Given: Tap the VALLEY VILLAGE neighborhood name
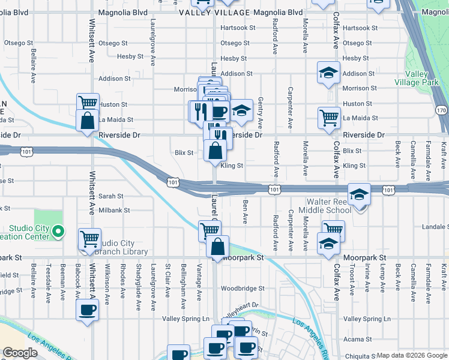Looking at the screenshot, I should (215, 12).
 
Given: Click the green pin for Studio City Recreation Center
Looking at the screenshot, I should (58, 231).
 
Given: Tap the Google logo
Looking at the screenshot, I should (20, 353).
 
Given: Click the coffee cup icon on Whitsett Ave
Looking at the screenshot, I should (88, 310).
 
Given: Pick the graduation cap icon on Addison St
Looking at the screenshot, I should (328, 73).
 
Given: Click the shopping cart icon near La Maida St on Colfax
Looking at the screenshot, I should (329, 117).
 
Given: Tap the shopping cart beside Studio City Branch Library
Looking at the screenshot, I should (89, 238).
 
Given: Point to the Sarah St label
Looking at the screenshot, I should (110, 196).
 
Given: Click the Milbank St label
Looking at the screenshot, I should (114, 211).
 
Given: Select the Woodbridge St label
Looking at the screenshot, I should (242, 289).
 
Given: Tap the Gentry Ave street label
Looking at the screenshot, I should (260, 113).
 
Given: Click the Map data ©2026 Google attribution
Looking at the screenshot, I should (412, 355).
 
